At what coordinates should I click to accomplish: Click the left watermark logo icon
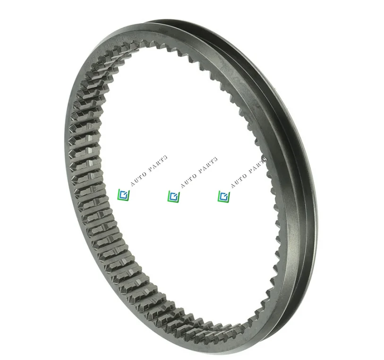123,195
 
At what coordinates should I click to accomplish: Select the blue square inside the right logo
223,195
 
